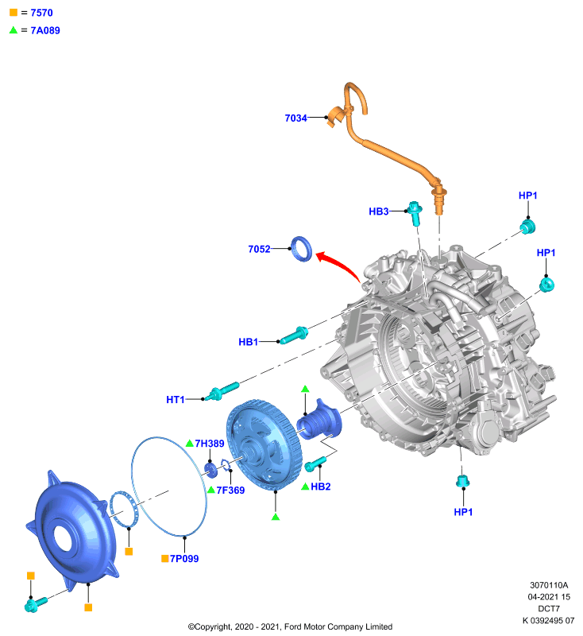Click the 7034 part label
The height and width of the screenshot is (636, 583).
coord(295,118)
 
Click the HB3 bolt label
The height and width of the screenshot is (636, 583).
coord(378,211)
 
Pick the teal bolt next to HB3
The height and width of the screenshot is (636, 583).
coord(415,213)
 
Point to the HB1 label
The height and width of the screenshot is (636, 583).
coord(249,342)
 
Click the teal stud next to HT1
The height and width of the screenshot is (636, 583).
coord(222,390)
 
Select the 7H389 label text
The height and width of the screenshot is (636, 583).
coord(210,444)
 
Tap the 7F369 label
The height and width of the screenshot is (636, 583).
coord(230,491)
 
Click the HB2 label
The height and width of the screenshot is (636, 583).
coord(320,487)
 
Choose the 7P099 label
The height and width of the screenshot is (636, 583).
coord(184,559)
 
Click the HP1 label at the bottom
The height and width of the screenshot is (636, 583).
coord(463,512)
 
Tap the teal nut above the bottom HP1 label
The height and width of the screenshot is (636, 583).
coord(462,481)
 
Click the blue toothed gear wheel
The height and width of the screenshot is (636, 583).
coord(264,444)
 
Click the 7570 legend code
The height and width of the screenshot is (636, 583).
coord(42,13)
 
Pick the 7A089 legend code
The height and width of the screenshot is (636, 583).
coord(45,30)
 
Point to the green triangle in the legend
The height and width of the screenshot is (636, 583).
coord(14,30)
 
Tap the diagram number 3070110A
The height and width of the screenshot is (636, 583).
coord(549,585)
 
